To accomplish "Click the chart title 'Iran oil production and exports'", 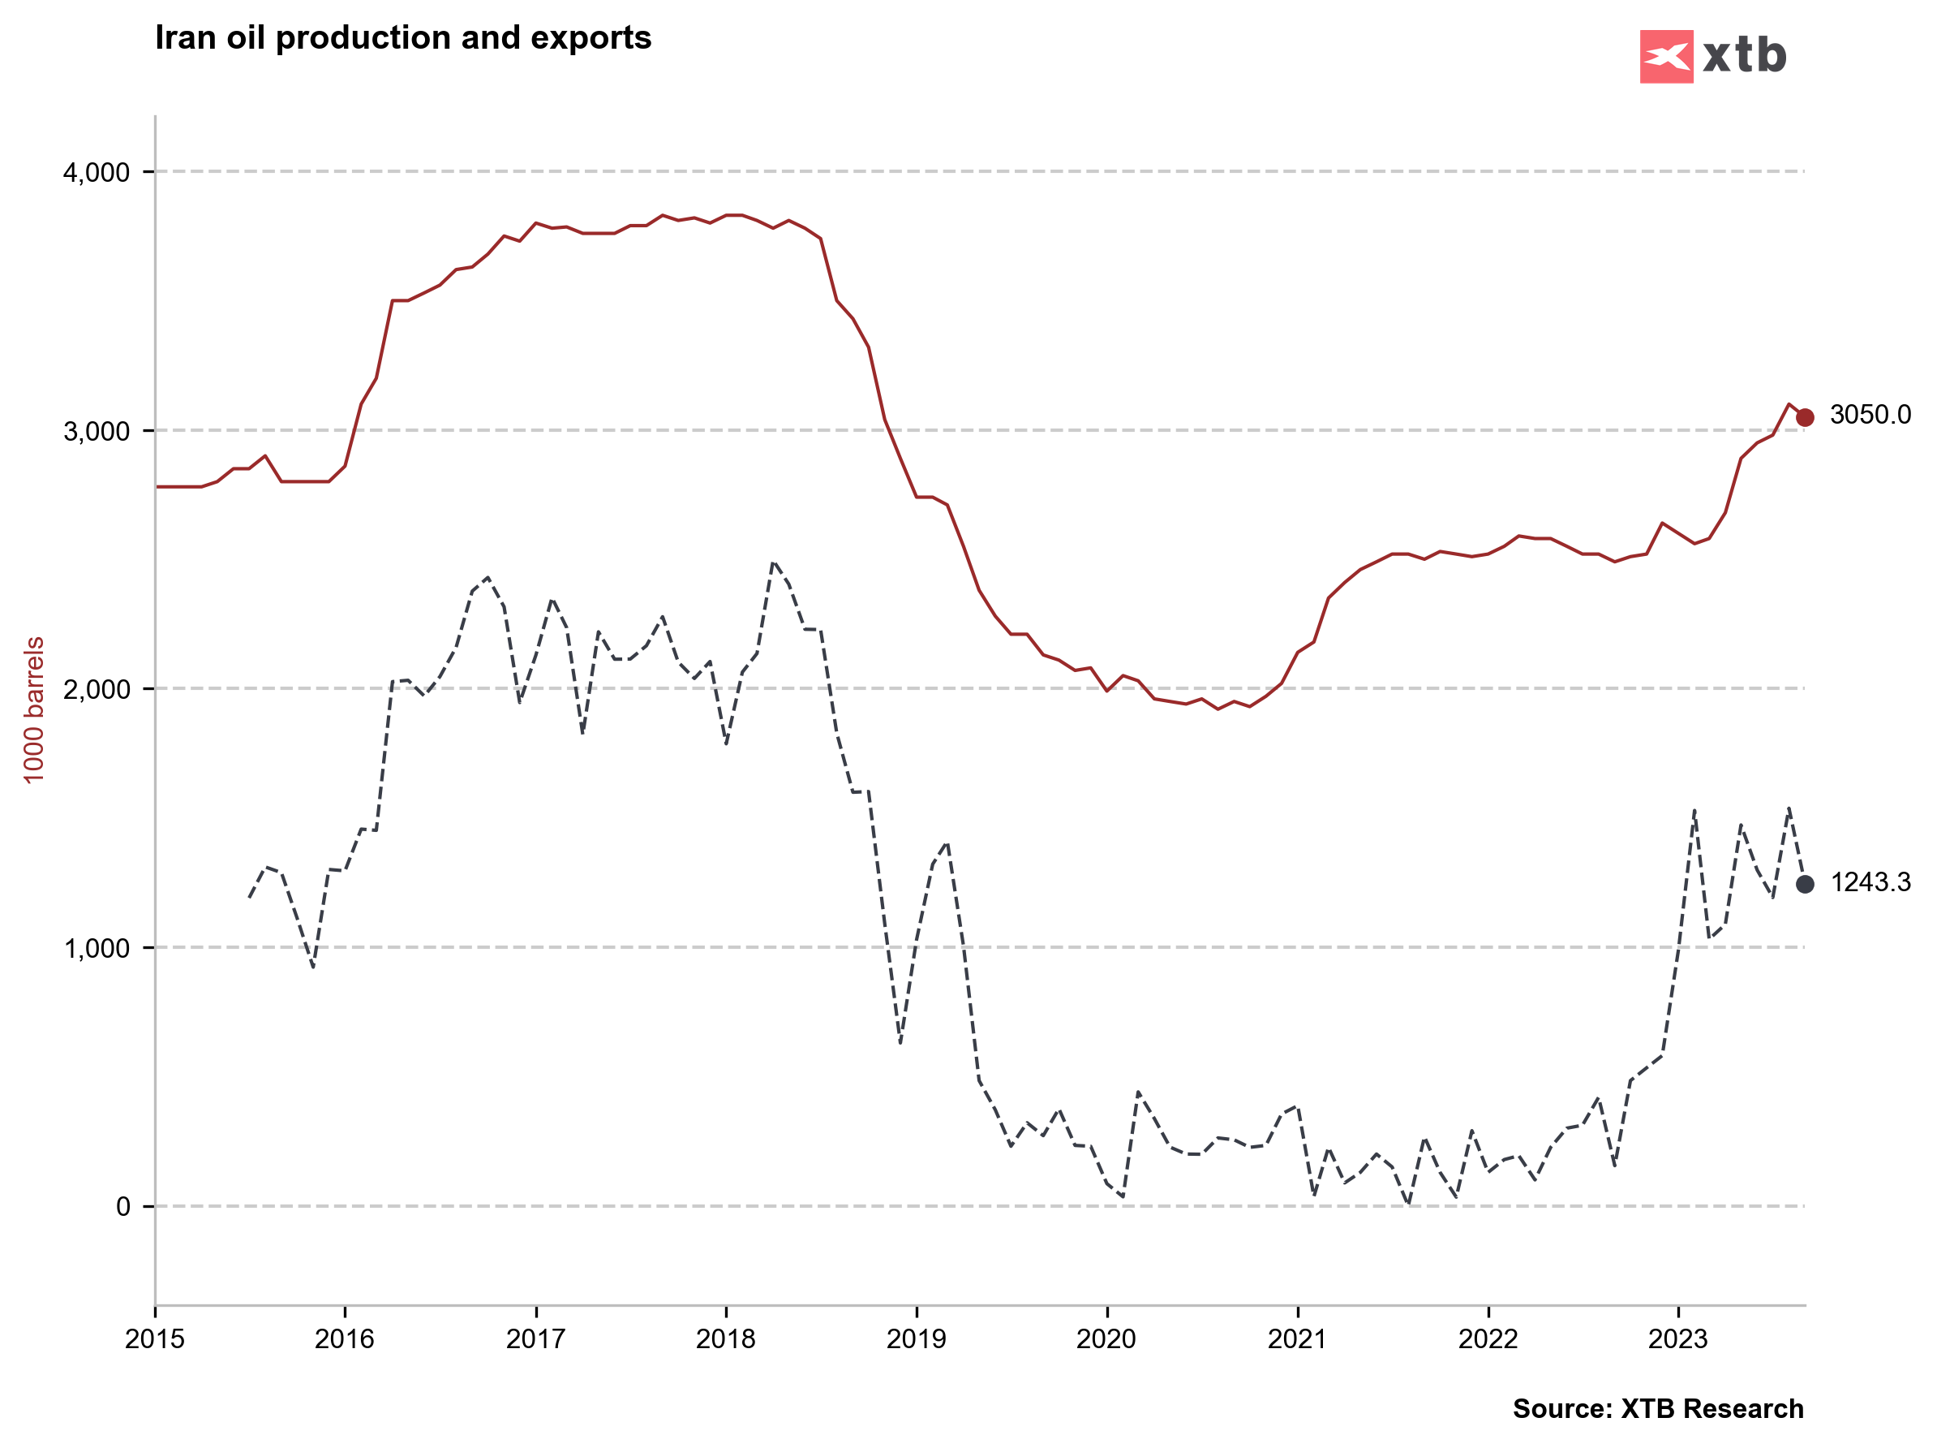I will [x=403, y=37].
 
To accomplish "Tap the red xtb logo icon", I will [x=1665, y=57].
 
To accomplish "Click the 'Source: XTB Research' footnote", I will [x=1658, y=1407].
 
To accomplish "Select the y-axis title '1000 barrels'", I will [x=33, y=710].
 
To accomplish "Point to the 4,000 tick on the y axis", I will [x=97, y=172].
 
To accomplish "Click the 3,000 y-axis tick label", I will [x=97, y=431].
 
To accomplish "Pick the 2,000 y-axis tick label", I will [x=97, y=689].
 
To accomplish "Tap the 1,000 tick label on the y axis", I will [x=97, y=948].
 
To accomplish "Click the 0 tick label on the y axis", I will [x=123, y=1206].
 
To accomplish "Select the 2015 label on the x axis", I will [x=155, y=1338].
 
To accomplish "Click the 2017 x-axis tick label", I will [x=536, y=1338].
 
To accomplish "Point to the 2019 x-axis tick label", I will [x=916, y=1338].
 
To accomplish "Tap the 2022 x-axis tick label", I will [x=1488, y=1338].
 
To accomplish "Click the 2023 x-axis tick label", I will [x=1677, y=1338].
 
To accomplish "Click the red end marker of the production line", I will [x=1805, y=417].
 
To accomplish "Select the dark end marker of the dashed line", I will [x=1805, y=884].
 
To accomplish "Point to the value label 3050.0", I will [x=1870, y=414].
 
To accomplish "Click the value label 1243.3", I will [x=1870, y=882].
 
